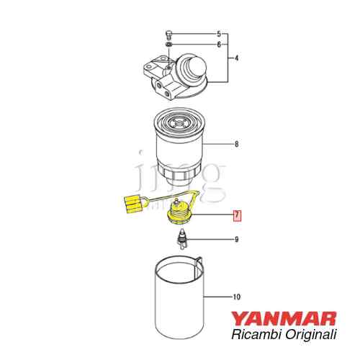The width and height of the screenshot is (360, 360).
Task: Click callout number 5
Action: (x=219, y=35)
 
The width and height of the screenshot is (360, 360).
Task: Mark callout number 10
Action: (x=237, y=297)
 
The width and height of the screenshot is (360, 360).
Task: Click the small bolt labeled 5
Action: (x=168, y=35)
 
